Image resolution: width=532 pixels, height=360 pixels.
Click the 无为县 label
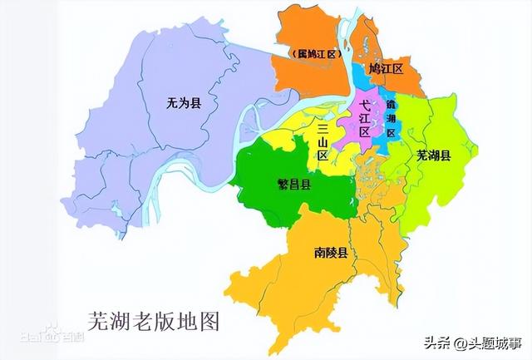coord(184,104)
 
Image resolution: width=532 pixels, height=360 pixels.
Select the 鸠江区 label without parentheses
coord(386,69)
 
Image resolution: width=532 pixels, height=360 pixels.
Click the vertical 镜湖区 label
coord(391,120)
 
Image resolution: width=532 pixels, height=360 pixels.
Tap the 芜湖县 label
coord(434,155)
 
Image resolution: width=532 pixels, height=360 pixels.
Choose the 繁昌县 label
coord(294,185)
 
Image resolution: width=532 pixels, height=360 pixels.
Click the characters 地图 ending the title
coord(208,319)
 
